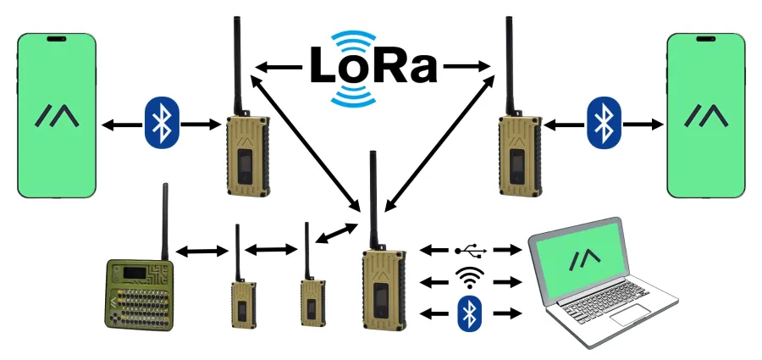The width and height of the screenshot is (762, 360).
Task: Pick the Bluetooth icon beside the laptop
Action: tap(468, 313)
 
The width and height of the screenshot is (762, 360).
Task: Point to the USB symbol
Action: tap(470, 251)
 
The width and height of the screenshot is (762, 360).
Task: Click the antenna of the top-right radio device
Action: tap(510, 64)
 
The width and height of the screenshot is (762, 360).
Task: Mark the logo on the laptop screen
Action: tap(583, 257)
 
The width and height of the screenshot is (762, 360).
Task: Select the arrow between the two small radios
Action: tap(271, 250)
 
